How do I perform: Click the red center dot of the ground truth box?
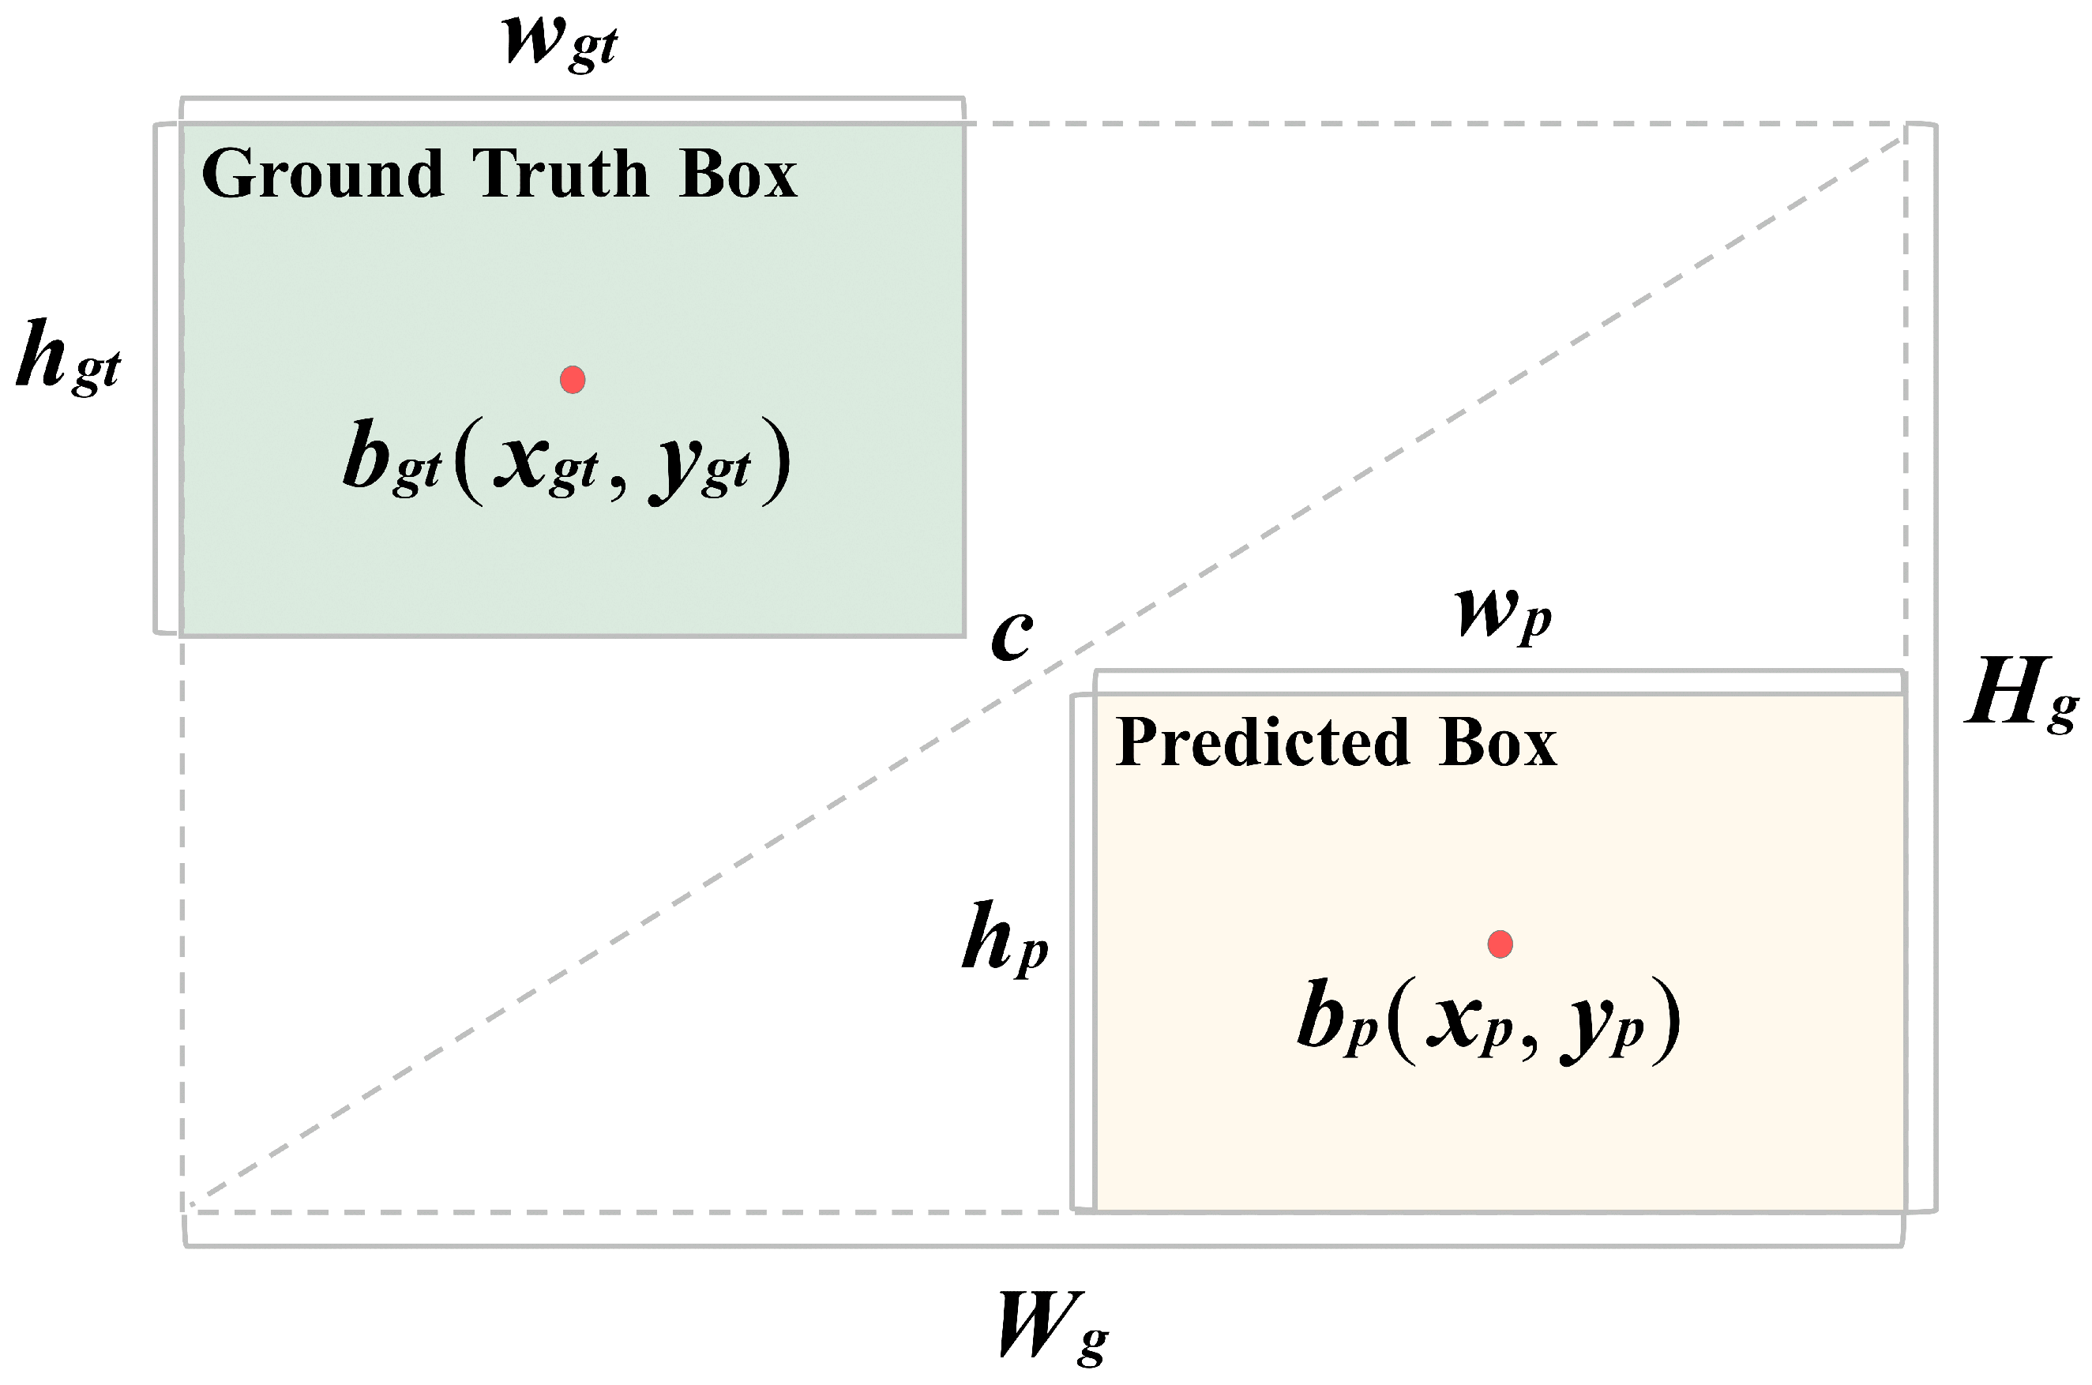pos(573,380)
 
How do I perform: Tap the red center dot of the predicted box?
pos(1500,944)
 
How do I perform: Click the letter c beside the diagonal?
pos(1011,636)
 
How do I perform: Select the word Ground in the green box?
pos(322,174)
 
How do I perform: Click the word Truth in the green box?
pos(561,174)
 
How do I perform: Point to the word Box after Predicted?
pos(1498,742)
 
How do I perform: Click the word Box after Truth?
pos(738,174)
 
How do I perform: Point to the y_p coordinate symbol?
pos(1602,1027)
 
